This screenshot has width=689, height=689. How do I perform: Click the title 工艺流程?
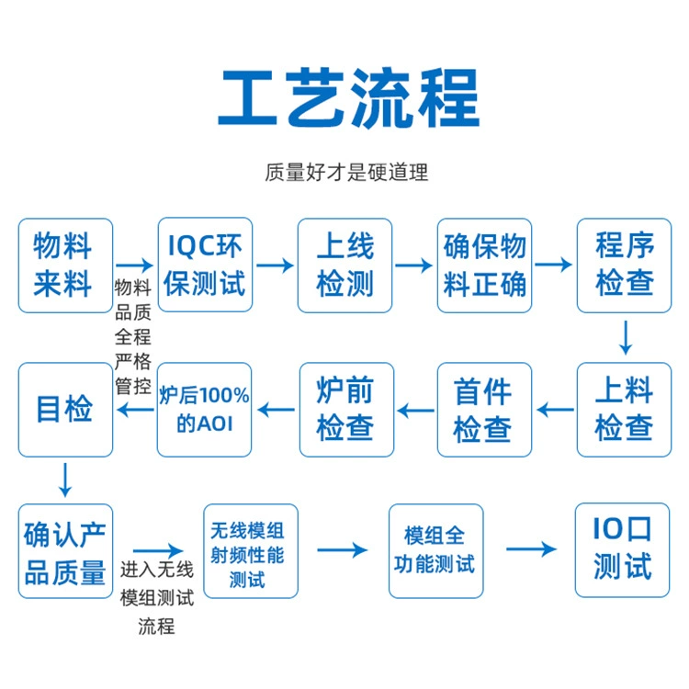pyautogui.click(x=348, y=97)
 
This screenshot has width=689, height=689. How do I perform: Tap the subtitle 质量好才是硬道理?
pyautogui.click(x=346, y=173)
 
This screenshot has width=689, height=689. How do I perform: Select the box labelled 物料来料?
pyautogui.click(x=65, y=265)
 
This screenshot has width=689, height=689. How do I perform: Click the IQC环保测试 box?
pyautogui.click(x=205, y=265)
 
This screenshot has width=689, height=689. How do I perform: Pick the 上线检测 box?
pyautogui.click(x=344, y=265)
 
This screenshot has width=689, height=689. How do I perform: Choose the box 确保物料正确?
pyautogui.click(x=485, y=265)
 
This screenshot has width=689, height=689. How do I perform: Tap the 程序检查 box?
pyautogui.click(x=625, y=265)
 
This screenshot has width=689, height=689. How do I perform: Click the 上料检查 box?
pyautogui.click(x=625, y=410)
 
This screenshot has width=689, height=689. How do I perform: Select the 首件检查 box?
pyautogui.click(x=485, y=410)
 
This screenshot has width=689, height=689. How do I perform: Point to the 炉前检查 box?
pyautogui.click(x=346, y=410)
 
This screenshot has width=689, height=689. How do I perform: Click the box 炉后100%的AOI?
pyautogui.click(x=204, y=410)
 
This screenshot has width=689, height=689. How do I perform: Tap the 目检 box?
pyautogui.click(x=65, y=410)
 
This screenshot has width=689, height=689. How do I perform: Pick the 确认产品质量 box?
pyautogui.click(x=65, y=551)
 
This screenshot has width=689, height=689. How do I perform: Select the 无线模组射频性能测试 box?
pyautogui.click(x=251, y=551)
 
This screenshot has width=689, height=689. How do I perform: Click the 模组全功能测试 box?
pyautogui.click(x=436, y=551)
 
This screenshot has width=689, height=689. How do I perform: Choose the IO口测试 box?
pyautogui.click(x=623, y=550)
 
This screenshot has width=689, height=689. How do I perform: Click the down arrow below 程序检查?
pyautogui.click(x=626, y=337)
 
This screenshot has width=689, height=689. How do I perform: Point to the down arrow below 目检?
pyautogui.click(x=65, y=480)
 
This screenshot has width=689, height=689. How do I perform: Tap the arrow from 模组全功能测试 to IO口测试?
pyautogui.click(x=532, y=548)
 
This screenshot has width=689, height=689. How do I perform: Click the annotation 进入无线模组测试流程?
pyautogui.click(x=157, y=598)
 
